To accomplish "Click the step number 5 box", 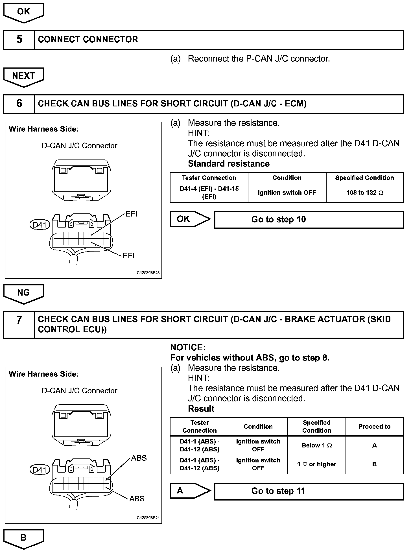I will click(19, 40).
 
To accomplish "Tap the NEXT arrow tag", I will click(23, 76).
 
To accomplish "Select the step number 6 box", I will click(19, 104).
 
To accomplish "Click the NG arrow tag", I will click(23, 293).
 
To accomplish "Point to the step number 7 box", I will click(19, 324).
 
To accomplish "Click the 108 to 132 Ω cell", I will click(364, 193).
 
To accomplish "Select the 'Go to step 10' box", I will click(309, 220).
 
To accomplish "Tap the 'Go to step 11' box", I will click(309, 491).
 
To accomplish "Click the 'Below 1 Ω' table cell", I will click(316, 445).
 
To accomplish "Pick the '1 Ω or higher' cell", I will click(316, 464).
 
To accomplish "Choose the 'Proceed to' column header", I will click(374, 427).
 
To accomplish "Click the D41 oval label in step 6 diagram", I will click(40, 225).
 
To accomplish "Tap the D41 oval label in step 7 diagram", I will click(40, 470).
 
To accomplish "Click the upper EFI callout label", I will click(131, 214).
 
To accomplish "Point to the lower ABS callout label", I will click(137, 499).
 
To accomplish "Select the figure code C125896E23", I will click(148, 273).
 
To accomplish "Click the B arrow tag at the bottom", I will click(23, 538).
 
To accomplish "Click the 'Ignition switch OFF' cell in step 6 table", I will click(287, 193).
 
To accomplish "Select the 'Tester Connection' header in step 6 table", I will click(209, 178).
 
